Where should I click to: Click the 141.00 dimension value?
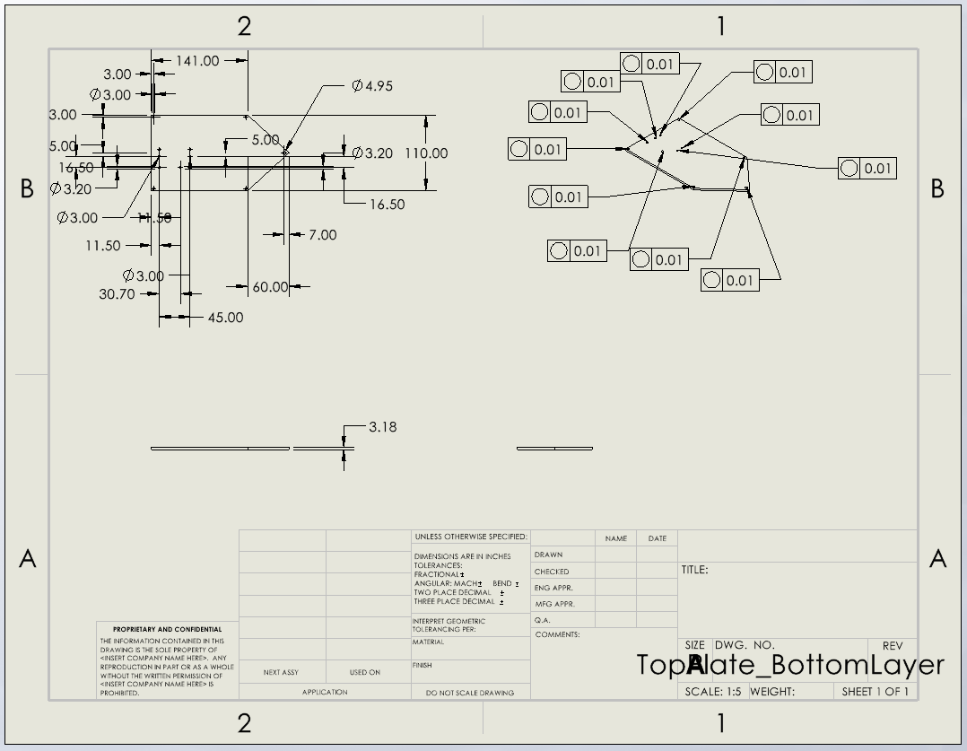pos(197,61)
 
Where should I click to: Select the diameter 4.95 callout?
pos(372,86)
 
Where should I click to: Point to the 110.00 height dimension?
pos(426,153)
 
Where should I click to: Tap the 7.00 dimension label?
pos(322,235)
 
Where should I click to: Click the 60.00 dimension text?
pos(270,287)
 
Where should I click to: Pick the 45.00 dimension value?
pos(225,318)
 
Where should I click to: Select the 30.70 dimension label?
pos(117,294)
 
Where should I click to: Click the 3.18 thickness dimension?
pos(382,427)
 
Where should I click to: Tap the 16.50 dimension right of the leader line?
pos(387,205)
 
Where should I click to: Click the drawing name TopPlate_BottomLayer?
pos(789,665)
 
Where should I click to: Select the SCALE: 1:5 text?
pos(713,692)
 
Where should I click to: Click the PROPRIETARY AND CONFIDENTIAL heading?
pos(167,630)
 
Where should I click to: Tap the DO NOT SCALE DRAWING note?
pos(470,693)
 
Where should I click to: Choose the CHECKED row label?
pos(551,572)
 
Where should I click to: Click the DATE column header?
pos(657,538)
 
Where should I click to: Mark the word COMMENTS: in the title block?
pos(557,635)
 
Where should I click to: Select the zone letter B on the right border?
pos(937,189)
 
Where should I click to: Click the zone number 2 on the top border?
pos(244,27)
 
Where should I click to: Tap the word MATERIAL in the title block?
pos(428,642)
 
